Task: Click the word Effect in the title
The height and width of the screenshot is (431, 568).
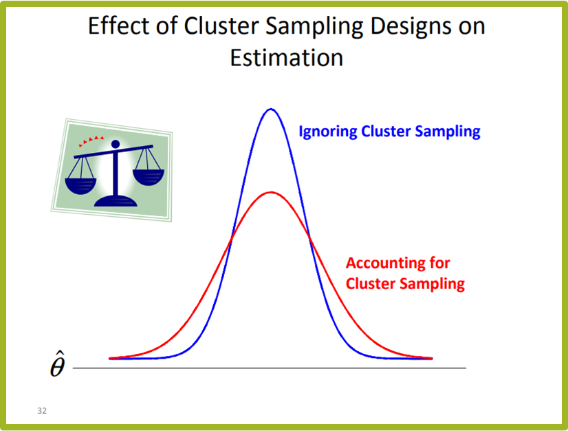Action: pos(120,25)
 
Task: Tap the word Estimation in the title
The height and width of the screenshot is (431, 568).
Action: pos(287,57)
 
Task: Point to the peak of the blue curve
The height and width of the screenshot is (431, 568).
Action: pos(271,109)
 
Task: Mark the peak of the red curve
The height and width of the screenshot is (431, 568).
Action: pos(271,192)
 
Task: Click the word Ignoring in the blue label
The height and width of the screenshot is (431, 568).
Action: pos(328,132)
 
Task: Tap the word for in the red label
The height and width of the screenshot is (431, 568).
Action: pos(440,263)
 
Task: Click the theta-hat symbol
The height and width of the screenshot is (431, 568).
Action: pos(58,364)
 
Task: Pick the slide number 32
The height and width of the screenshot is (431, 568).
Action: pos(42,410)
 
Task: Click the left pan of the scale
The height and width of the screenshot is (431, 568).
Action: pos(80,185)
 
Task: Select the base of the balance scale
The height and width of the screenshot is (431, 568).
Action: pos(116,201)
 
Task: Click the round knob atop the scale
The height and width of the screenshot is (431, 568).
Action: pos(116,144)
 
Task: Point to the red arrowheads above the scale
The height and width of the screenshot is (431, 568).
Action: pos(91,140)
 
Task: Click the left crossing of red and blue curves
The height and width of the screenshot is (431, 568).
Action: pos(231,238)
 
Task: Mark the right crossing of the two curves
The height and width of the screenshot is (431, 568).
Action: pos(310,238)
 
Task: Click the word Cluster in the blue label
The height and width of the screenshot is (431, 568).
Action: pos(386,131)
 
